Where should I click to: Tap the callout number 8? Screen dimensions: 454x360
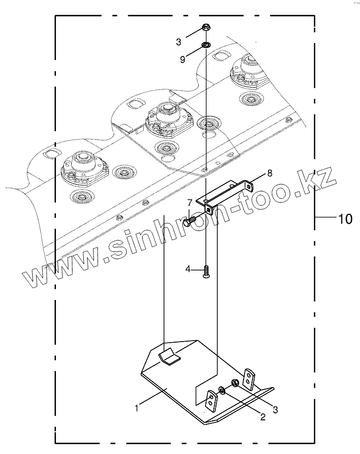[x=270, y=173]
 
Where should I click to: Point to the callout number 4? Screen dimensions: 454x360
[x=188, y=269]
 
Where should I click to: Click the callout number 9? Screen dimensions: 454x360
[x=182, y=59]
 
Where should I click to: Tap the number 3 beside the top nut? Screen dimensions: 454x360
[x=179, y=42]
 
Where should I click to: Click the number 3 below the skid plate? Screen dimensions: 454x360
[x=276, y=410]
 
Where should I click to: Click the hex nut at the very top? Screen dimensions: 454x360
[x=206, y=28]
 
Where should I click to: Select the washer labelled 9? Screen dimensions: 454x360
[x=206, y=46]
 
